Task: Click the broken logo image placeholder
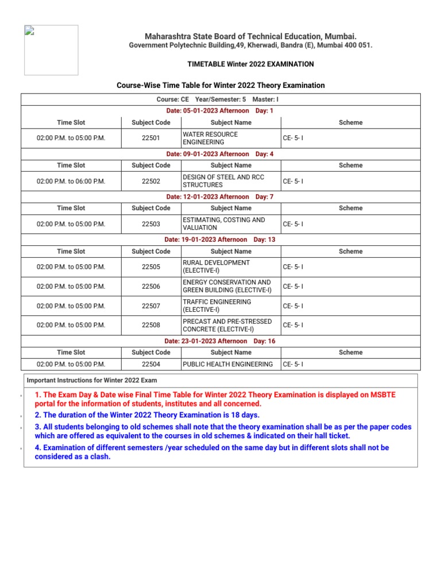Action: coord(51,50)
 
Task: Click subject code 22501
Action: coord(151,138)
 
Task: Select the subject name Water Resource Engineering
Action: coord(210,138)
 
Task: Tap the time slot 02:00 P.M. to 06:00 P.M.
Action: coord(71,181)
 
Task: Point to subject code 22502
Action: coord(151,181)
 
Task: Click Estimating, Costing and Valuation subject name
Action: coord(223,223)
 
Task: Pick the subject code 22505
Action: coord(151,266)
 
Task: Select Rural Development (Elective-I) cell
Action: coord(216,266)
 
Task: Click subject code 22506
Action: coord(151,286)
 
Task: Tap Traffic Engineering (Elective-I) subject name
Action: coord(216,305)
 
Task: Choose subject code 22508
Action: coord(151,325)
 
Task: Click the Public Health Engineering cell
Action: coord(228,364)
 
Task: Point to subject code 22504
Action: coord(151,364)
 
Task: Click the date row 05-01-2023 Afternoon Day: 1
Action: coord(220,110)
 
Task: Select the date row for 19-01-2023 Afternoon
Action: coord(220,239)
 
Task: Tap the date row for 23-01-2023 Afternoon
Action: coord(220,341)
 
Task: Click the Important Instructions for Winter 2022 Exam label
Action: coord(92,380)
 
